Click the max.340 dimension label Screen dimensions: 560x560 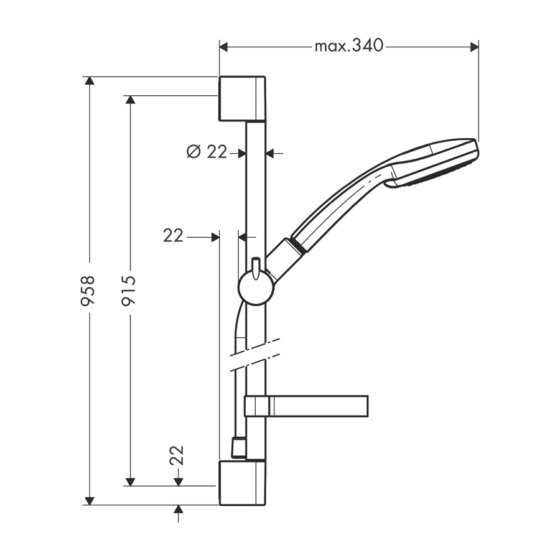(x=348, y=45)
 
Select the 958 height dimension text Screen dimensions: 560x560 (x=88, y=291)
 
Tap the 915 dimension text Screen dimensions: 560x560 (x=129, y=291)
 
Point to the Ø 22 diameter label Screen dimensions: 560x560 (x=207, y=151)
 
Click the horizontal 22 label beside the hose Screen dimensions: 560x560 (x=173, y=236)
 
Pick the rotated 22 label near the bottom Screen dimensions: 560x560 (x=177, y=455)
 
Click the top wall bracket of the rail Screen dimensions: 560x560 (x=242, y=98)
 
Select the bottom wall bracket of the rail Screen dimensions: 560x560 (x=242, y=483)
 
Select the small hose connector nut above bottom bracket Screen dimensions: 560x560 (x=237, y=446)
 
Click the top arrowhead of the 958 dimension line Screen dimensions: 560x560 (x=90, y=81)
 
